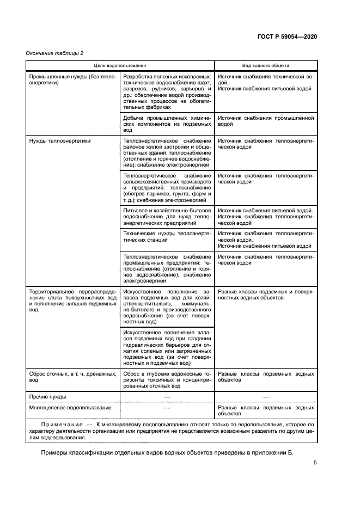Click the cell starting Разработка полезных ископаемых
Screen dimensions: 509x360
click(167, 92)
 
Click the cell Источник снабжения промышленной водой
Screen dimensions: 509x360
click(265, 121)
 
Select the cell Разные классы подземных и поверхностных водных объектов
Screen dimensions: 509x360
click(265, 295)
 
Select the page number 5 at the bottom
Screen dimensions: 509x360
click(315, 463)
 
